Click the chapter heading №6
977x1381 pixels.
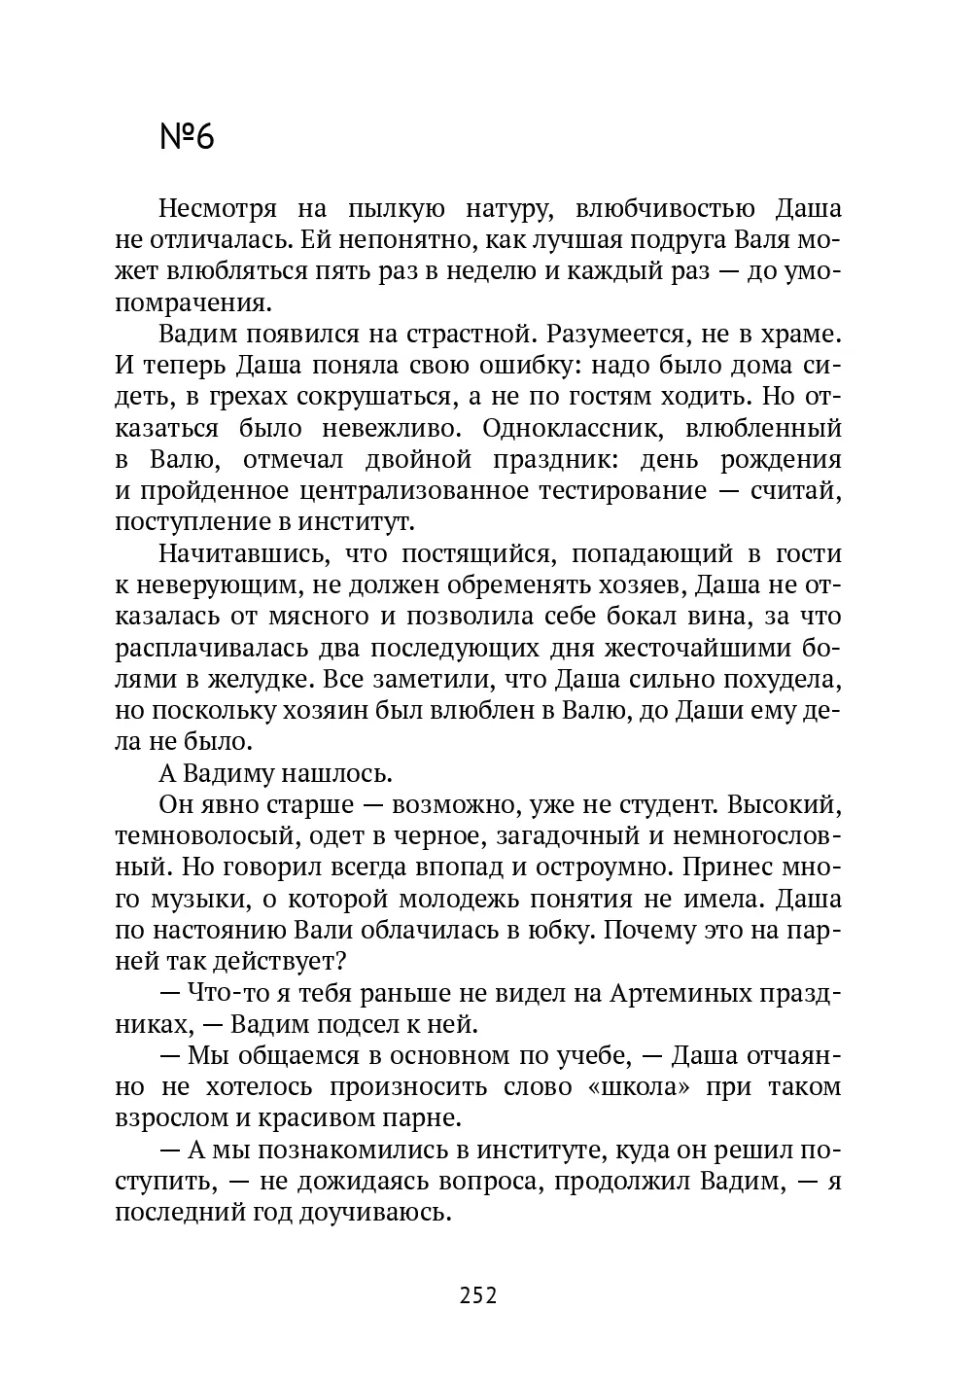point(186,137)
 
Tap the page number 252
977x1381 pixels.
point(477,1295)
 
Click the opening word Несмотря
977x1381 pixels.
point(217,209)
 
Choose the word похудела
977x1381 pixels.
point(780,678)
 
